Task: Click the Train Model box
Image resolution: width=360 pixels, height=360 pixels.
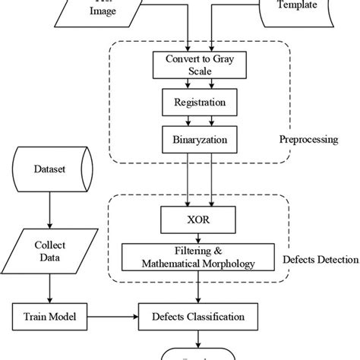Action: [49, 311]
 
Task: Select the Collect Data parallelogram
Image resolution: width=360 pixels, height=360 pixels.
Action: [49, 256]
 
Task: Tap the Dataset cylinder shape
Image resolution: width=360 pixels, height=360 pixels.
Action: [49, 172]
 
